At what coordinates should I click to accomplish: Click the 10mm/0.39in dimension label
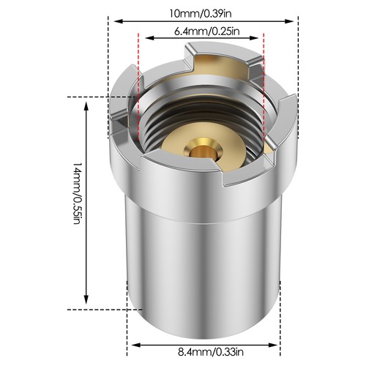point(201,14)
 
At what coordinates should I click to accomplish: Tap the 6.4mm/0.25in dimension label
point(206,31)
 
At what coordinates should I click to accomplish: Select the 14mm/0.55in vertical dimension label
point(77,193)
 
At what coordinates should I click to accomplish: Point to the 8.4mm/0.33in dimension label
point(211,352)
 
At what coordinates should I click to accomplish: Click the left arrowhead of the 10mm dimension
point(118,21)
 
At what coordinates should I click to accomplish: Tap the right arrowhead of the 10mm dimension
point(289,21)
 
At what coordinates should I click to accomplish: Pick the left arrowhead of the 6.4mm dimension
point(149,38)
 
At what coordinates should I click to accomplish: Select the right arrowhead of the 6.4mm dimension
point(255,38)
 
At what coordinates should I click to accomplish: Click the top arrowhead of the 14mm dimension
point(86,107)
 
